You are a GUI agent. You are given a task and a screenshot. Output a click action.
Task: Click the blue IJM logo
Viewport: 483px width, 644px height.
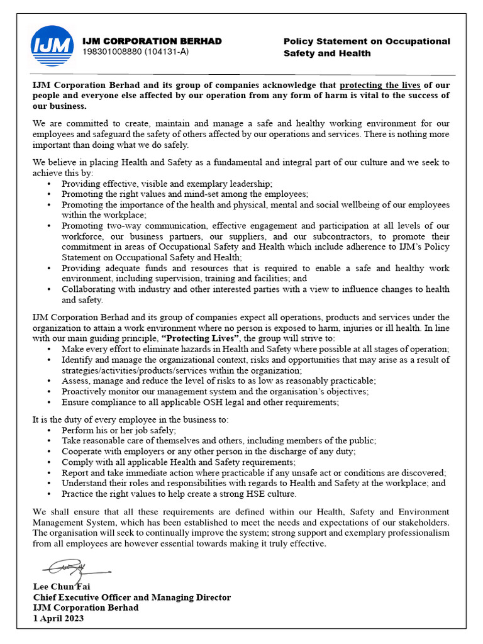click(x=52, y=46)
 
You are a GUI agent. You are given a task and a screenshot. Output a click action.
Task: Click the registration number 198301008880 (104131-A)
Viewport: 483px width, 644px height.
click(x=135, y=52)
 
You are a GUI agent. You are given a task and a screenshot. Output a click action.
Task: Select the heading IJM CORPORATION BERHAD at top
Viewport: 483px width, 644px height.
click(x=152, y=41)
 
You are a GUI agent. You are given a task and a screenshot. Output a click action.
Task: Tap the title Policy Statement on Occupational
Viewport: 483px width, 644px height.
click(x=367, y=42)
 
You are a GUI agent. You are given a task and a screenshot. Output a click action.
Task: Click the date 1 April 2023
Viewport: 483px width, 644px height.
click(x=58, y=618)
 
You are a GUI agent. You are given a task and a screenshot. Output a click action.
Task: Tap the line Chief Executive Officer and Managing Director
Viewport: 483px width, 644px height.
click(x=131, y=597)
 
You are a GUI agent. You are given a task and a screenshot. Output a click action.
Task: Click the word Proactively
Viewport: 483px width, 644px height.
click(x=86, y=391)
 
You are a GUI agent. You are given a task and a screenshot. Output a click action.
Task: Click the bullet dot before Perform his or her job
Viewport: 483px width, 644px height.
click(x=50, y=430)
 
